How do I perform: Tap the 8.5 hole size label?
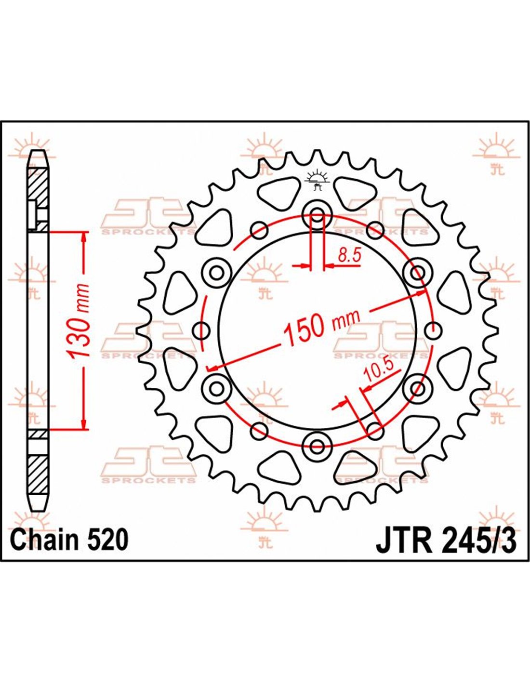(349, 256)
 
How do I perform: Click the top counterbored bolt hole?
(317, 216)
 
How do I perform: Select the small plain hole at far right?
(433, 330)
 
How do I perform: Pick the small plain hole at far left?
(201, 330)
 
